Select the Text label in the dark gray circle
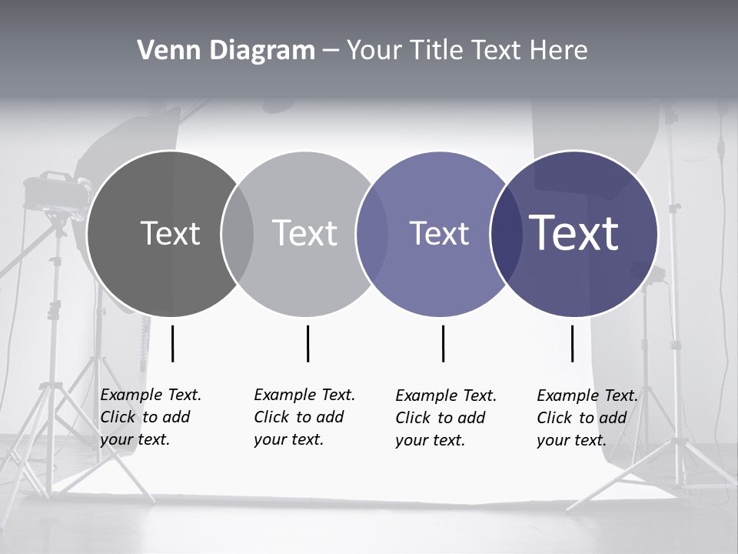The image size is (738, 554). point(170,233)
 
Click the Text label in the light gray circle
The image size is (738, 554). point(304,233)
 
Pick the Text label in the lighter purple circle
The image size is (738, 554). point(439,233)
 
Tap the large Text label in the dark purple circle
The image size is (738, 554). point(573,233)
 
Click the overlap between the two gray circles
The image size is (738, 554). point(238,233)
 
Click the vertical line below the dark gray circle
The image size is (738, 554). point(173,343)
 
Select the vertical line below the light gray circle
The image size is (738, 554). point(307,343)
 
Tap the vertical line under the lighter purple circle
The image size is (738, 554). point(443,343)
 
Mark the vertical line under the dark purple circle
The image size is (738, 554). point(572,343)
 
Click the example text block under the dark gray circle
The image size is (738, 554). point(150,417)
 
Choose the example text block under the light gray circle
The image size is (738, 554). point(304,417)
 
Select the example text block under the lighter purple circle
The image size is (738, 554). point(445,418)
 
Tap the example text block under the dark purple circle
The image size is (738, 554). point(587,418)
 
